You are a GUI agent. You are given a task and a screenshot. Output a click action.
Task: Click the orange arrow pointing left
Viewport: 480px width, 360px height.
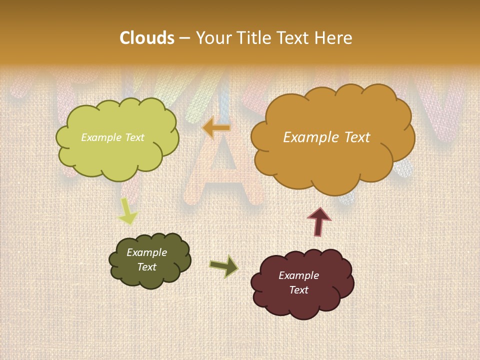pyautogui.click(x=216, y=128)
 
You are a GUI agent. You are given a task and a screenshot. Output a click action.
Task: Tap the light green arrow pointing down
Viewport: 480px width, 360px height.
pyautogui.click(x=127, y=211)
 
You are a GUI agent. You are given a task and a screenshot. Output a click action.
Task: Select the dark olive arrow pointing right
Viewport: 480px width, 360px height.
pyautogui.click(x=224, y=267)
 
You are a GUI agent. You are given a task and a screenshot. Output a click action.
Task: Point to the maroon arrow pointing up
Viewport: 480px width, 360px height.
pyautogui.click(x=318, y=221)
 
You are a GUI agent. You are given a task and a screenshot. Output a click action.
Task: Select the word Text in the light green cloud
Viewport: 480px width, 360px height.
pyautogui.click(x=134, y=137)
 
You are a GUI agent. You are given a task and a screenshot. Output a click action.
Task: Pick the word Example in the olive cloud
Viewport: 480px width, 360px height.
pyautogui.click(x=146, y=252)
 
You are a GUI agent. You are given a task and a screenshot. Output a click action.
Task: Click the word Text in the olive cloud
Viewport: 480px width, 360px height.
pyautogui.click(x=146, y=267)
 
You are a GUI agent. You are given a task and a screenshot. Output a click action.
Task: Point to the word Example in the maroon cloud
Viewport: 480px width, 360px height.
pyautogui.click(x=298, y=275)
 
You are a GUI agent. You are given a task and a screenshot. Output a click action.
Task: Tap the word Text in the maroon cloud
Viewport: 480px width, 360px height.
pyautogui.click(x=298, y=290)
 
